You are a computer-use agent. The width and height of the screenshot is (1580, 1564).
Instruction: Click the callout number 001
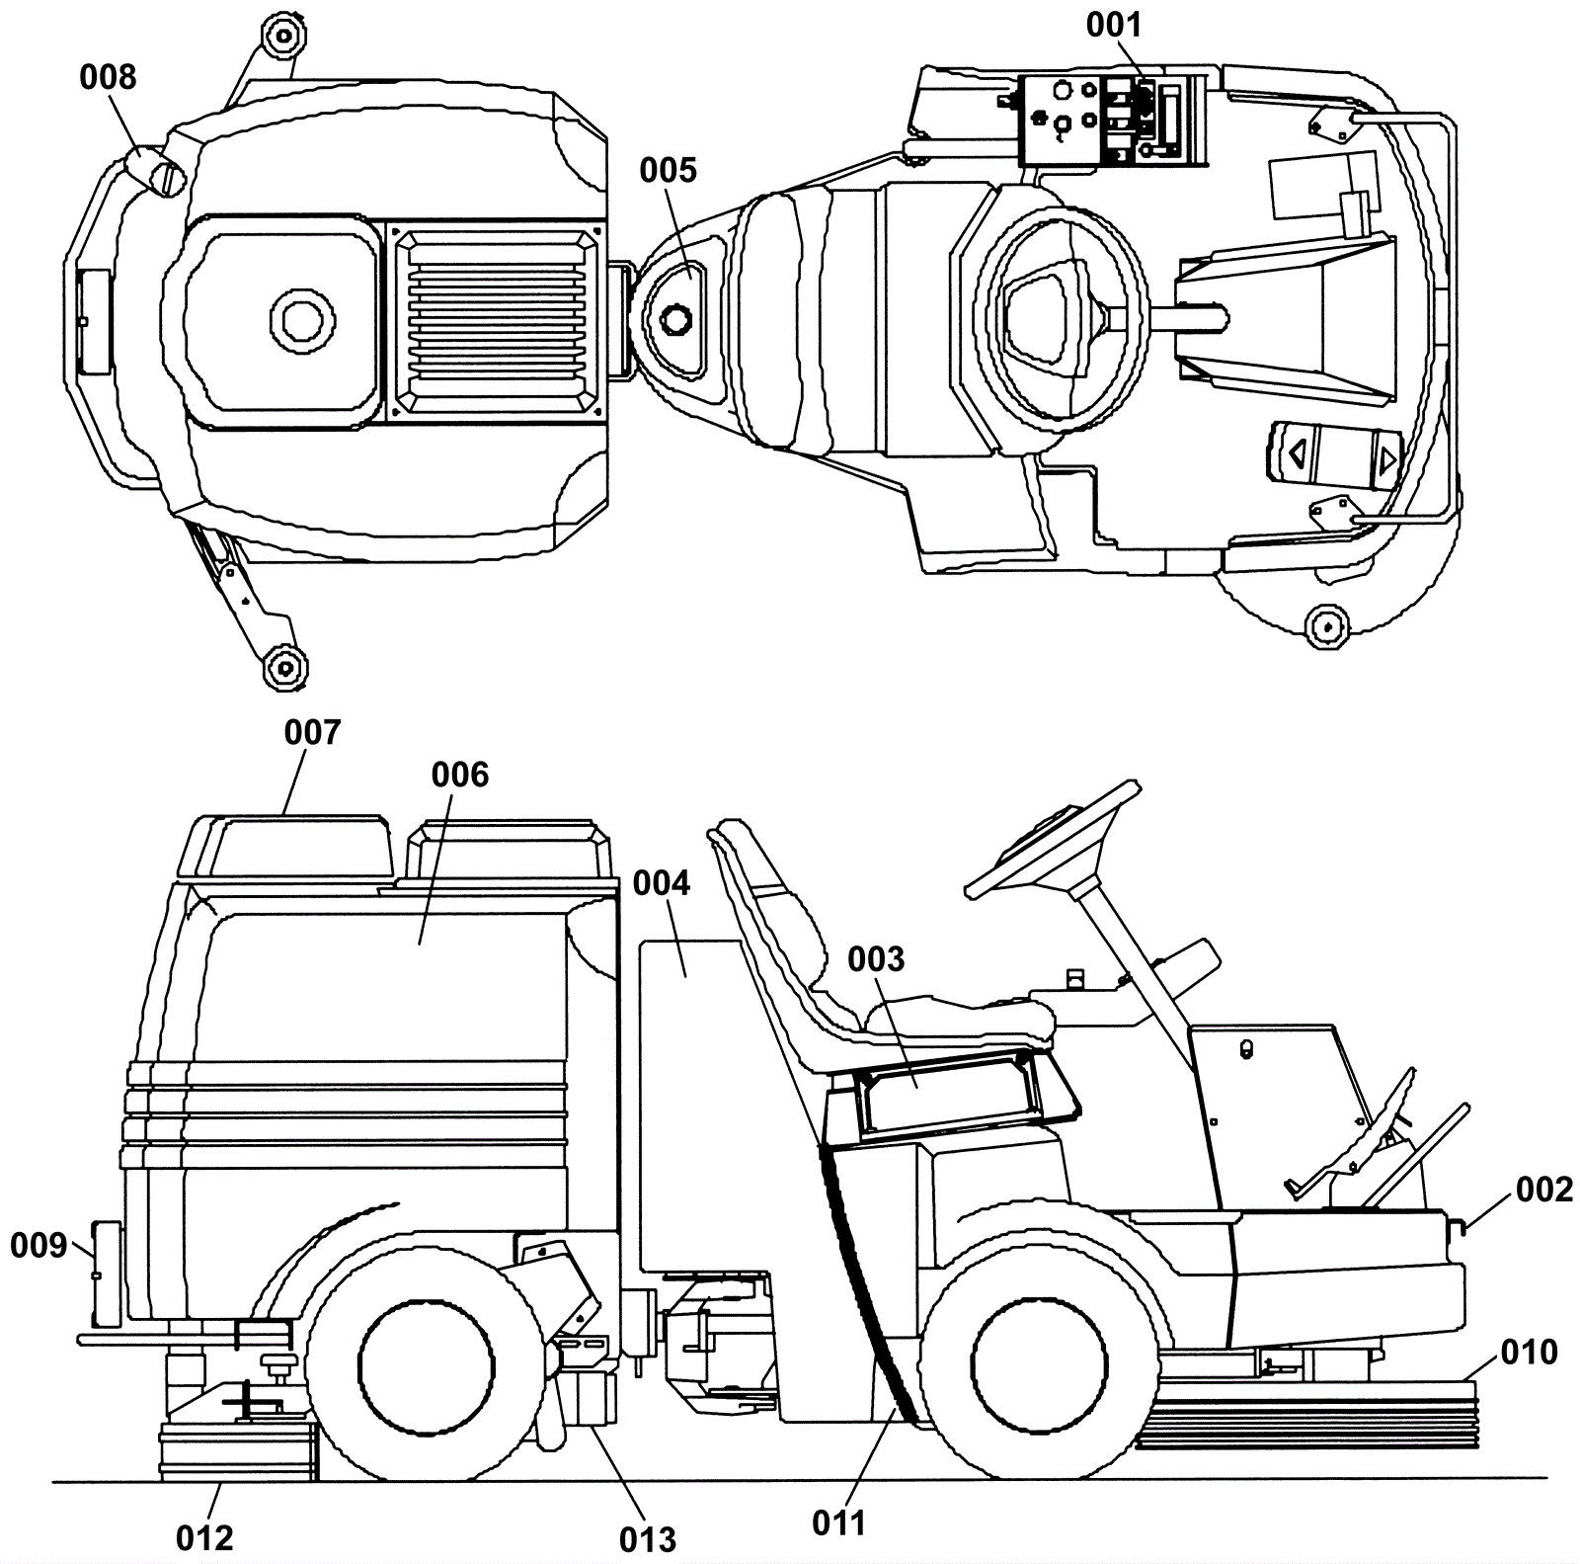1114,25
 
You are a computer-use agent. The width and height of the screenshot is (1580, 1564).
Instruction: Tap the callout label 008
108,77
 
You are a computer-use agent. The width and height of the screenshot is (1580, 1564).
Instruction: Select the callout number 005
668,170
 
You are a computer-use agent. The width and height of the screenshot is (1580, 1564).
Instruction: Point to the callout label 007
312,732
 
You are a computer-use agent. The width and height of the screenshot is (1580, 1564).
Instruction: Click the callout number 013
648,1539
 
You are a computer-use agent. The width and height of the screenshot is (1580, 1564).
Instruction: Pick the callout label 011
839,1523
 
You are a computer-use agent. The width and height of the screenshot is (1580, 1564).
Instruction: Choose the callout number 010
1529,1352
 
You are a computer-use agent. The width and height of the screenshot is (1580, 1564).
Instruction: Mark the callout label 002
1544,1189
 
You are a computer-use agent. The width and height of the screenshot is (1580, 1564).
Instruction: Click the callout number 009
39,1246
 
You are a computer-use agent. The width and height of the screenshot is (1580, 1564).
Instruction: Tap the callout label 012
204,1538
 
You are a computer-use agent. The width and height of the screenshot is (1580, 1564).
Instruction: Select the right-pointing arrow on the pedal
1387,458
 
